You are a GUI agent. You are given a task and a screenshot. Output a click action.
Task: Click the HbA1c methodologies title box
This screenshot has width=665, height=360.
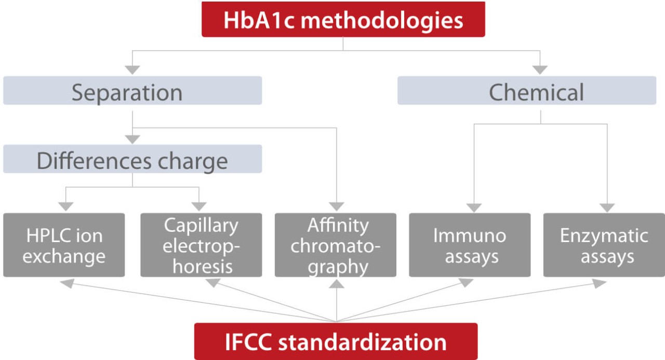343,19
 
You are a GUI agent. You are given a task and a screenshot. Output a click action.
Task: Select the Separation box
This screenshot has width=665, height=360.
132,90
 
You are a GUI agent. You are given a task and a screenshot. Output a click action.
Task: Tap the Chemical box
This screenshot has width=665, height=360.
527,90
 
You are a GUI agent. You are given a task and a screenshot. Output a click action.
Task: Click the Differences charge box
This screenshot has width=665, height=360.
132,159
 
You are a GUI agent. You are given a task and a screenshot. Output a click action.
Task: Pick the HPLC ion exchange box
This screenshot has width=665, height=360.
64,245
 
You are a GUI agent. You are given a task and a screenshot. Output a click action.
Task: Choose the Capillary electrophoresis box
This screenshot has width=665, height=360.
201,245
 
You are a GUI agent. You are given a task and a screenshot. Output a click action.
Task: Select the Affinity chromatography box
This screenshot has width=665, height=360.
336,245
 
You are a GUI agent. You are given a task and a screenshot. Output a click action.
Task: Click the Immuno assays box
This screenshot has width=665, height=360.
470,245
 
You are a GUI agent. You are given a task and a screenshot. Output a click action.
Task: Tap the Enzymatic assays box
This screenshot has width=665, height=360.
604,245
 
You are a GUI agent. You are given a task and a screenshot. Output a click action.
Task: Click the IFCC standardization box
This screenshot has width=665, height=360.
336,341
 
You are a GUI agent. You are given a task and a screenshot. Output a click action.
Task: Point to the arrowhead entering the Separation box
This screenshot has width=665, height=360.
132,70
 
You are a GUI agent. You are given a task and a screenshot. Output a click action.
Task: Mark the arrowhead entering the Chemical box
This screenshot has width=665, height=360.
540,70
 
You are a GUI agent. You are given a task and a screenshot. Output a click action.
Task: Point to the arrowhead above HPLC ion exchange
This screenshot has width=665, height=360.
65,207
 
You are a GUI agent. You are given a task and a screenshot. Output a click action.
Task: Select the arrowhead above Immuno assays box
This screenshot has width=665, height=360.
474,208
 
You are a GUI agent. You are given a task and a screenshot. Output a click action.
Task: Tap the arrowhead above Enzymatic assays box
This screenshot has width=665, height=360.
607,208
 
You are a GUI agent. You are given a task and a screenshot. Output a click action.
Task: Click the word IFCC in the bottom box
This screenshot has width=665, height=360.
248,342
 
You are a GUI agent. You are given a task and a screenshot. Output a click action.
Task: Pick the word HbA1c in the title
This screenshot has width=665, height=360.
259,20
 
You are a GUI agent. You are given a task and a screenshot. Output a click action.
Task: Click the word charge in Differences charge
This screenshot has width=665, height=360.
193,162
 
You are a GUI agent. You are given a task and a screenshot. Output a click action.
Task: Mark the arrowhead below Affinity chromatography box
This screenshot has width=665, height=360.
337,284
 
